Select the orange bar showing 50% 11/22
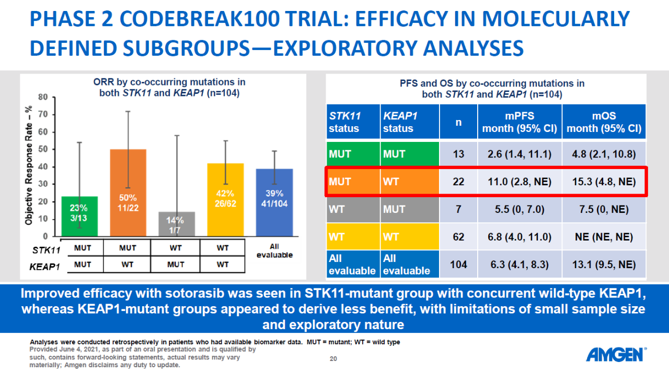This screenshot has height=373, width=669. (x=128, y=193)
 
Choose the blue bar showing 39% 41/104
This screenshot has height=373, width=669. (x=274, y=202)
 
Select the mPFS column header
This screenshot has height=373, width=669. (x=520, y=122)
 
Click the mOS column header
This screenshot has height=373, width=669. (x=604, y=122)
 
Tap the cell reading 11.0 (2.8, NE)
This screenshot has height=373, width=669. (x=520, y=182)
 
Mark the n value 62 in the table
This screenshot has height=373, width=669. (x=458, y=237)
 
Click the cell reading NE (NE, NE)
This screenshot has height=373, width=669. (x=604, y=237)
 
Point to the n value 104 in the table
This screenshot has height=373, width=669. (x=458, y=264)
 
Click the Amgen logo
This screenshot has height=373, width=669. (x=616, y=355)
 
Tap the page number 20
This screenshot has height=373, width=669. (x=333, y=358)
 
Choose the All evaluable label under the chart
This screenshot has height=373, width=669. (x=274, y=250)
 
